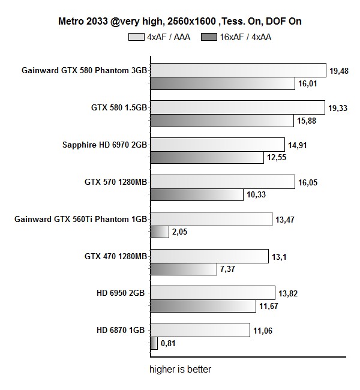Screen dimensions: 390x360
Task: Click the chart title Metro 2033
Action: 179,22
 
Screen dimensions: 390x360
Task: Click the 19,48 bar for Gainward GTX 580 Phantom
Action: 238,71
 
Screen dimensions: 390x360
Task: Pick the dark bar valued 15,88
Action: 221,121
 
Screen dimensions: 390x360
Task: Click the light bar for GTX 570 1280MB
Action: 222,182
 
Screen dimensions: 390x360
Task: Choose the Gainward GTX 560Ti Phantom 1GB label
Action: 80,219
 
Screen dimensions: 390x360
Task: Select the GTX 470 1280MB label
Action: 116,256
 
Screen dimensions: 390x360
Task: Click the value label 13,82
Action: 289,293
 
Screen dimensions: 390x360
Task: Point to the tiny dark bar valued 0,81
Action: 154,344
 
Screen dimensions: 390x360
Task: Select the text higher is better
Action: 180,369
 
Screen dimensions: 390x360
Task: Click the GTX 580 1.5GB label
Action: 119,107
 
